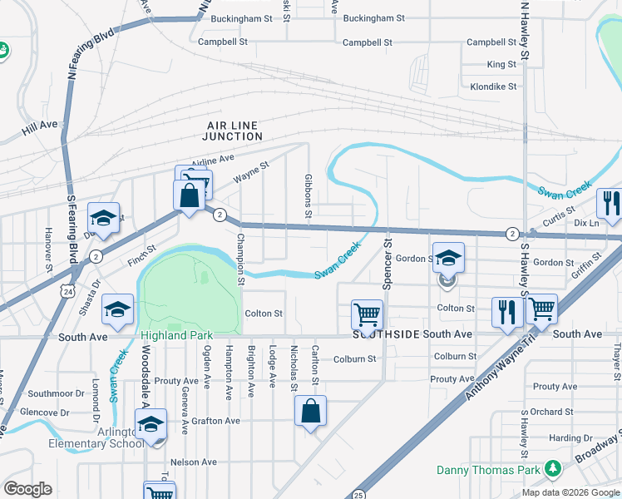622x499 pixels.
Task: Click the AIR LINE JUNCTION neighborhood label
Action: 234,130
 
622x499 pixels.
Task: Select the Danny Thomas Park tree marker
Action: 550,471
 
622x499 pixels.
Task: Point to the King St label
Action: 501,64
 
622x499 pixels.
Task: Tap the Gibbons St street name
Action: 308,197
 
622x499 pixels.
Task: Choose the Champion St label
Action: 240,259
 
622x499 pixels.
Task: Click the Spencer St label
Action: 387,264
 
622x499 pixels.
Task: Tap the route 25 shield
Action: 358,494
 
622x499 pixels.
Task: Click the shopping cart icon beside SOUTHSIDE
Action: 367,314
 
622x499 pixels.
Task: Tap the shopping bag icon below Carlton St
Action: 310,411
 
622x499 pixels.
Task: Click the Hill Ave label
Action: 40,125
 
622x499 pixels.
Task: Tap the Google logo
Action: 27,489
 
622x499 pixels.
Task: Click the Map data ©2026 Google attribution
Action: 570,492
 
